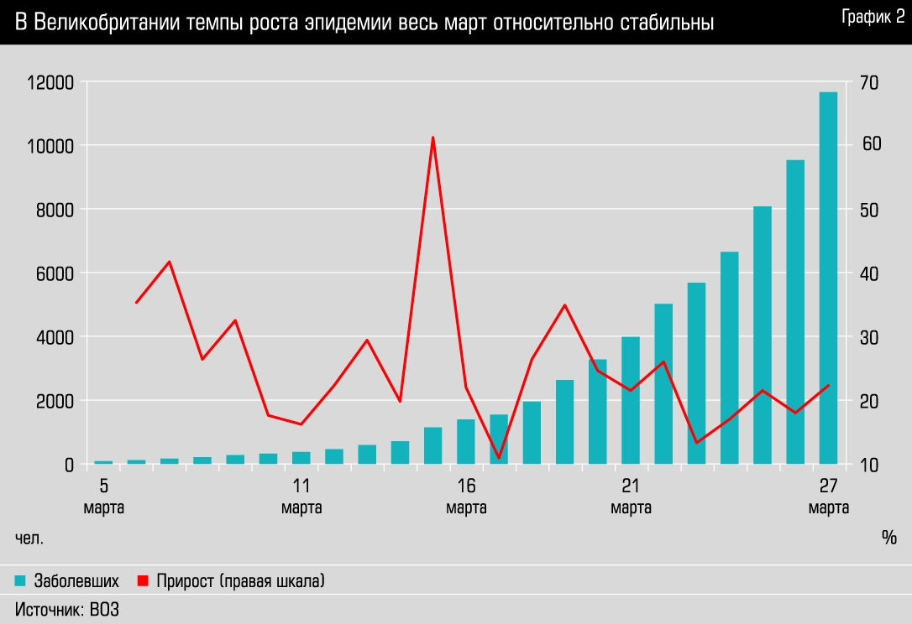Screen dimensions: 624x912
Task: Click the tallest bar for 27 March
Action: (828, 277)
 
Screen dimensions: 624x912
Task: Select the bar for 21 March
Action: (631, 400)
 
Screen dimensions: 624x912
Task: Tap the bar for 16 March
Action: (466, 441)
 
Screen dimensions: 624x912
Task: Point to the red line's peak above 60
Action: (432, 138)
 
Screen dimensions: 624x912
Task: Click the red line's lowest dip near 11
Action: (499, 458)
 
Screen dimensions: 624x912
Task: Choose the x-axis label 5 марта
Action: (104, 497)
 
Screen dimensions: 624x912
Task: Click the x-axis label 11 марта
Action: (301, 497)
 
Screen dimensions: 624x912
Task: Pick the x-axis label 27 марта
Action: (828, 497)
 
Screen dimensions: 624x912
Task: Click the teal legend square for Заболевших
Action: (20, 580)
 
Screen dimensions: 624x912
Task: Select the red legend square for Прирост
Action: (142, 580)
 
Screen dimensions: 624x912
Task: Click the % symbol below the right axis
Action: (889, 538)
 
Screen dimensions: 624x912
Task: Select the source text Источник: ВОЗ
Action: (67, 610)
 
